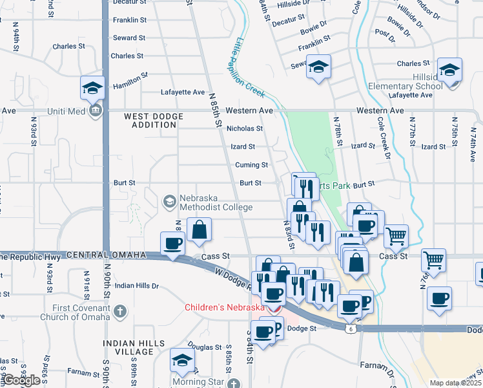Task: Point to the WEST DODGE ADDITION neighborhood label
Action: tap(154, 120)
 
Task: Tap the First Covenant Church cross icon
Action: tap(119, 312)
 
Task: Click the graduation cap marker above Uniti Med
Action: tap(92, 87)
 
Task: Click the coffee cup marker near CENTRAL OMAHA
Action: tap(172, 243)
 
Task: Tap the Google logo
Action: tap(21, 380)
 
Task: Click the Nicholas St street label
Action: tap(245, 129)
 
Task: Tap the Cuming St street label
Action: tap(251, 165)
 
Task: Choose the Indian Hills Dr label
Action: tap(137, 285)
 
